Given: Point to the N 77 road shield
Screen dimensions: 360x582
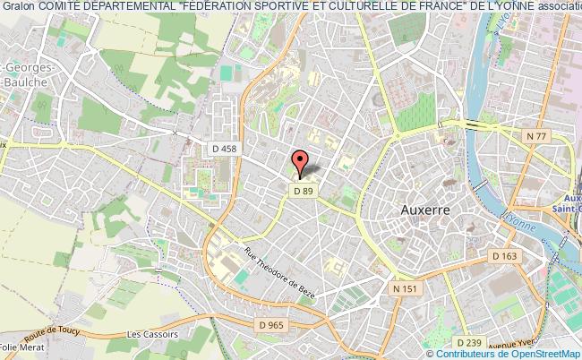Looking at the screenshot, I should click(535, 134).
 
